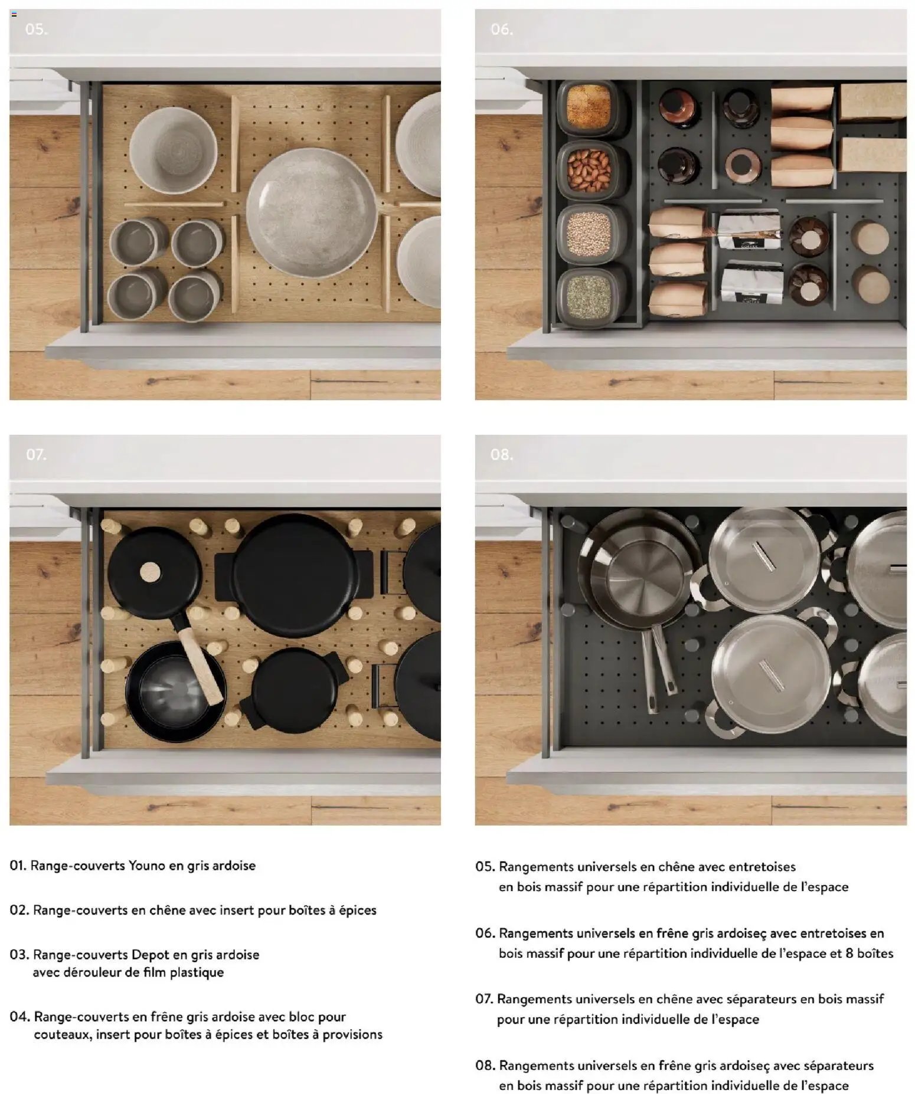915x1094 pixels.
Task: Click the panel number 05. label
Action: click(37, 29)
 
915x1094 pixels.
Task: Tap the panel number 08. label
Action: click(501, 454)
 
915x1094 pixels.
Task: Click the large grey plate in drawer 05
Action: click(312, 212)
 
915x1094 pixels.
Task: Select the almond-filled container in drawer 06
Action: click(589, 170)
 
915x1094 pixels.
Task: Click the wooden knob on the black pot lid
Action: click(150, 572)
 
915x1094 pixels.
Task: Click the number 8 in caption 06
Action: click(849, 953)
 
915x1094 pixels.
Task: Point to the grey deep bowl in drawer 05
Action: click(174, 150)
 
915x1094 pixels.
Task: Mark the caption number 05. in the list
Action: click(485, 866)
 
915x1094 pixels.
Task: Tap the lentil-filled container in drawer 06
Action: click(589, 234)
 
